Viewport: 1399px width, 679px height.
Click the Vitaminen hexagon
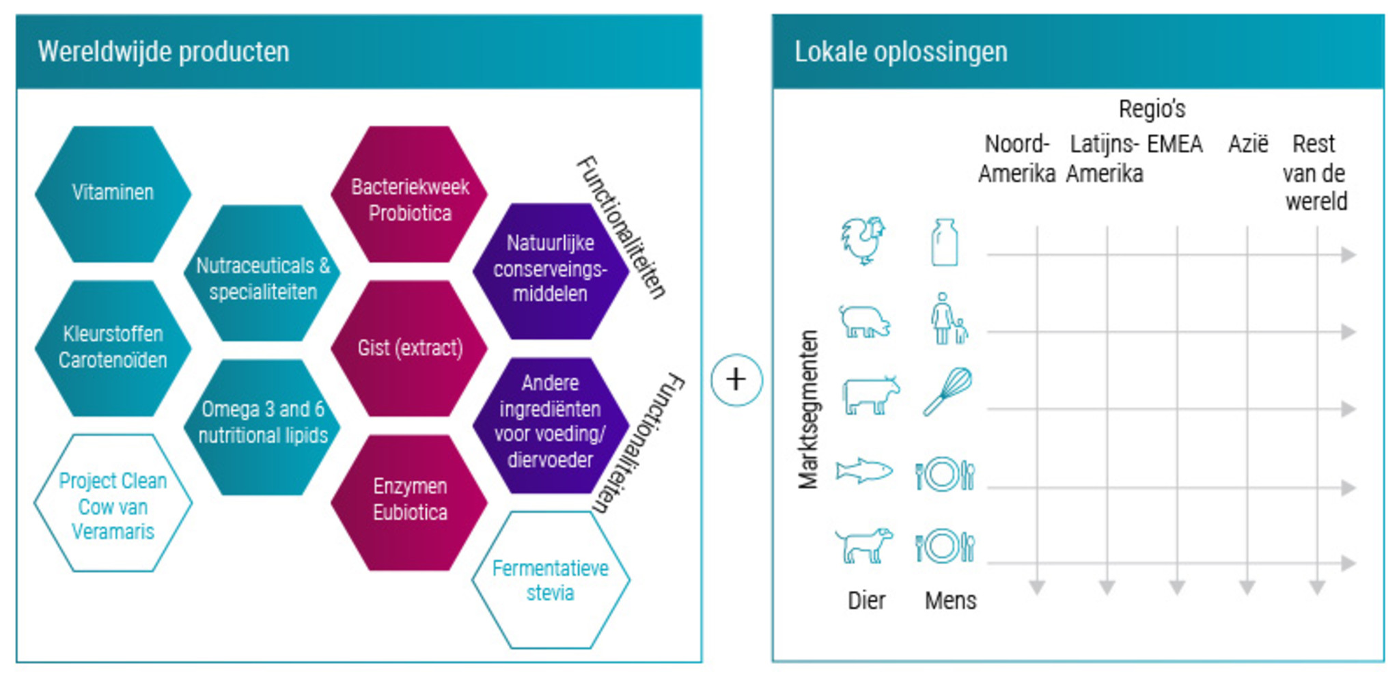coord(113,193)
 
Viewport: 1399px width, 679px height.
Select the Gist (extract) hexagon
coord(410,348)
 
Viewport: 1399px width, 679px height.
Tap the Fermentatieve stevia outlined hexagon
coord(551,580)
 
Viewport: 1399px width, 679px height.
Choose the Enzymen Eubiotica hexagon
coord(410,501)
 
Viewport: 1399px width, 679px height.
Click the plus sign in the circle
coord(736,380)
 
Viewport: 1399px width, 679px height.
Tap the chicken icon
coord(863,240)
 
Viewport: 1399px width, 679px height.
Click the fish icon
coord(864,471)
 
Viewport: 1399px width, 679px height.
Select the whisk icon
coord(947,391)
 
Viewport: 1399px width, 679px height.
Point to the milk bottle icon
coord(945,242)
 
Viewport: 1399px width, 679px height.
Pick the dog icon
coord(864,545)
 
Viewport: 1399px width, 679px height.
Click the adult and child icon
coord(948,319)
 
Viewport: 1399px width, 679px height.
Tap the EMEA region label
coord(1174,144)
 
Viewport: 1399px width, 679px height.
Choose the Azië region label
coord(1247,144)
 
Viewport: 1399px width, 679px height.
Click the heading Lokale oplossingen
coord(900,52)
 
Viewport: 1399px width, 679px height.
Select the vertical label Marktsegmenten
coord(809,410)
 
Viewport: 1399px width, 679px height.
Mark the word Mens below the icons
coord(950,600)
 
